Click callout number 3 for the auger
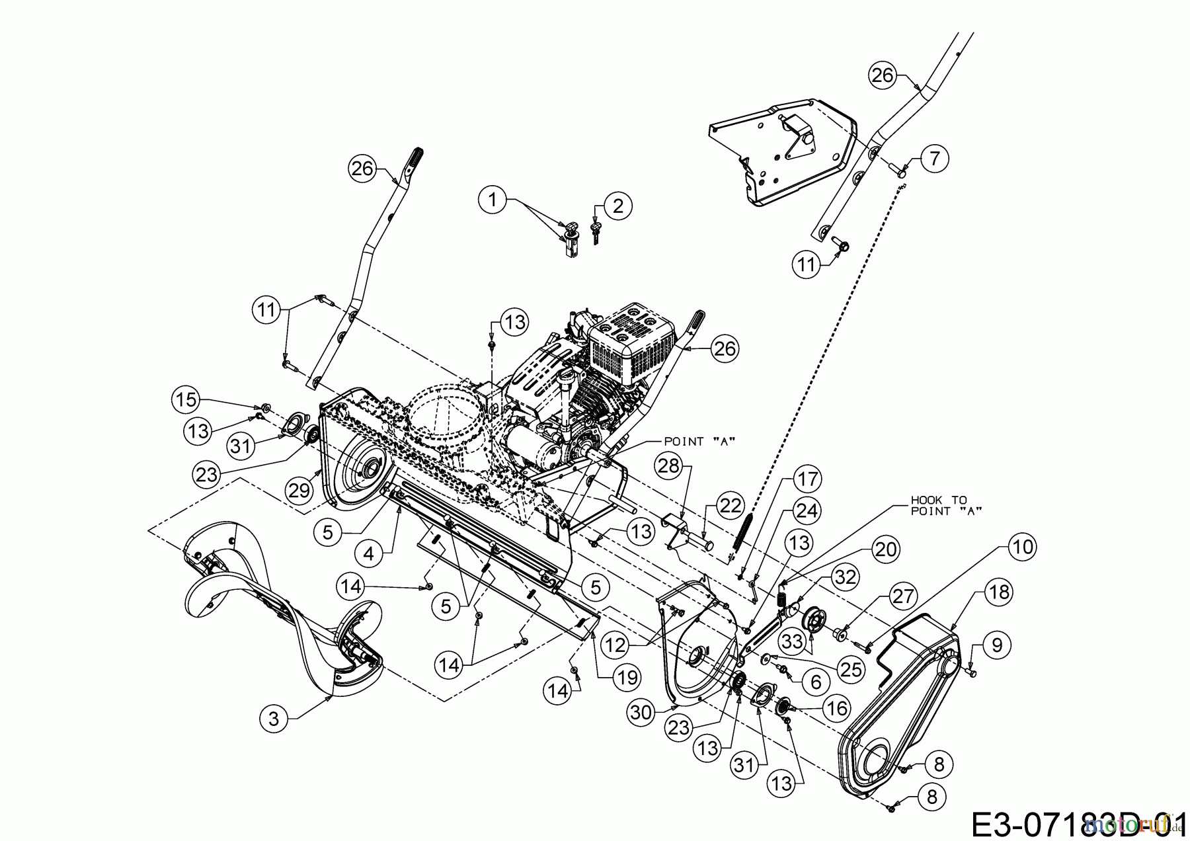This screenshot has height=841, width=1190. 274,719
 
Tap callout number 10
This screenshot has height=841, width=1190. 1022,547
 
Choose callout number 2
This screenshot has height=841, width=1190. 617,206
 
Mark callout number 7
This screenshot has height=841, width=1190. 934,159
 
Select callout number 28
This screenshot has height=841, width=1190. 669,466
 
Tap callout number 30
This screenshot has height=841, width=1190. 642,711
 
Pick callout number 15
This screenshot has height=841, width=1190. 185,399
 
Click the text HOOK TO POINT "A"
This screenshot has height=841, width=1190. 938,506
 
